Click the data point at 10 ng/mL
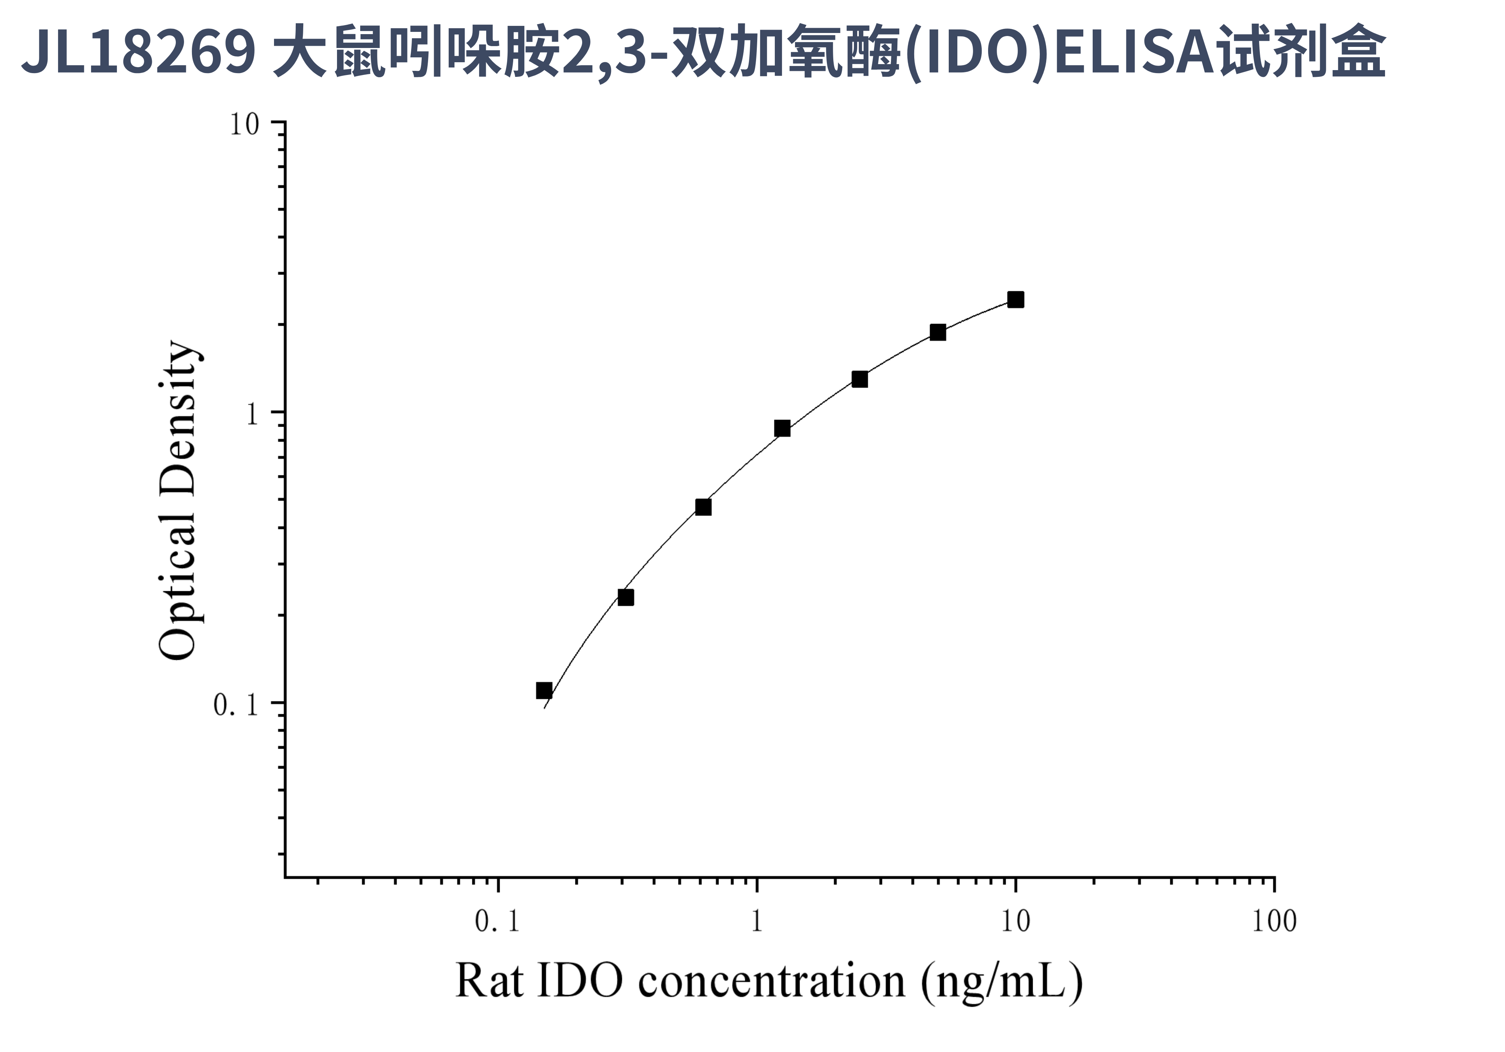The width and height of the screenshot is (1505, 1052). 1015,300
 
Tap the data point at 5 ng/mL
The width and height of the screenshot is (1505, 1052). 938,332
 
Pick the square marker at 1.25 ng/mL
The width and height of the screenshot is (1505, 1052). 782,429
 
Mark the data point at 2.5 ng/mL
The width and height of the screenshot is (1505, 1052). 860,379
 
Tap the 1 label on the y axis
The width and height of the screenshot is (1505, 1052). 252,414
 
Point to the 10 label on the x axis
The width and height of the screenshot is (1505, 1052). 1015,922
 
